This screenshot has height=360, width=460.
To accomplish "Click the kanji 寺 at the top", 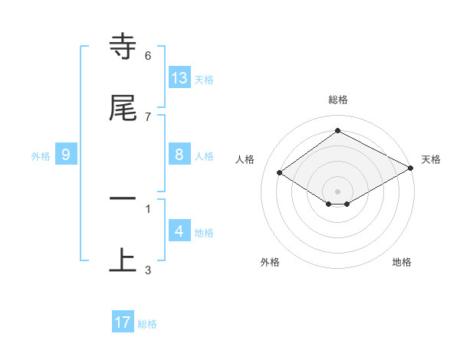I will (x=123, y=47).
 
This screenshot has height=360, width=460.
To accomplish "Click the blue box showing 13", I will (x=179, y=77).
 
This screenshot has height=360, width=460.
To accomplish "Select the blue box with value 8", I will (x=179, y=154).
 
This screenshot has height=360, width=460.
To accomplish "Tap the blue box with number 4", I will (x=179, y=231).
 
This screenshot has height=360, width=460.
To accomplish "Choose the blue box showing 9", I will (x=66, y=155).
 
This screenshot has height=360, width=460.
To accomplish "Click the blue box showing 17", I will (x=123, y=322).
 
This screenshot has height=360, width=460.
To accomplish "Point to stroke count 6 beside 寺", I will (x=148, y=56).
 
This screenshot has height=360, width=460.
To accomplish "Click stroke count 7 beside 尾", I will (x=148, y=116).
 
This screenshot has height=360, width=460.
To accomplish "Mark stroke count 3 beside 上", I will (x=148, y=270).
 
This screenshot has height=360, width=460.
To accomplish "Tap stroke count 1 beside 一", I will (x=148, y=208).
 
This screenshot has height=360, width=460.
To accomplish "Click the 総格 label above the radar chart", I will (x=338, y=100).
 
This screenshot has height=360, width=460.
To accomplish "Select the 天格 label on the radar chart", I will (x=431, y=159).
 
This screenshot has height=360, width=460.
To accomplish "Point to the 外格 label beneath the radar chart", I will (x=270, y=262).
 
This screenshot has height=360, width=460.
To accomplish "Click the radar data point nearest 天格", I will (x=411, y=168).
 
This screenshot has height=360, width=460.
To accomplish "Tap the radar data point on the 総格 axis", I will (x=338, y=131).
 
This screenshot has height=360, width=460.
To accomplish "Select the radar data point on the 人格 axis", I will (x=280, y=173).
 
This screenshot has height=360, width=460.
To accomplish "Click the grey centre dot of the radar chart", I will (x=338, y=191).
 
